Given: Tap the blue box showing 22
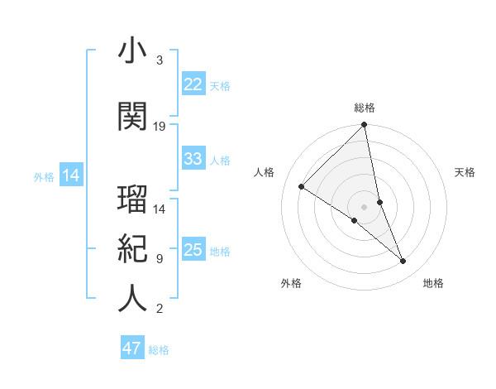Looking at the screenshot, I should [193, 84].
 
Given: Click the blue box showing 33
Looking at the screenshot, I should [193, 159].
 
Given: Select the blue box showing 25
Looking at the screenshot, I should [193, 251].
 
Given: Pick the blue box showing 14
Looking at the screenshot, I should [71, 175].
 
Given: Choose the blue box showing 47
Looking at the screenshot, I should [132, 348].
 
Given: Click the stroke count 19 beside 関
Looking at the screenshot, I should [160, 127].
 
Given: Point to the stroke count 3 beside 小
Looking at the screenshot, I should [160, 60].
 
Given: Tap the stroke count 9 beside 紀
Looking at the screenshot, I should [160, 259].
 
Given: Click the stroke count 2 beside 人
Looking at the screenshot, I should [160, 310].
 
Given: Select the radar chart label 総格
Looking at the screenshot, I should [365, 108].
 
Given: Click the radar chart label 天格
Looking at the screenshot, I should [465, 172].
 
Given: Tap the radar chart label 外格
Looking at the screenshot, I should [291, 283].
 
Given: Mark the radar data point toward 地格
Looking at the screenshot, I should [403, 262].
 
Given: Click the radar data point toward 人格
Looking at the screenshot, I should [302, 186].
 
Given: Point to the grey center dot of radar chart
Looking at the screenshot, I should [364, 206].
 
